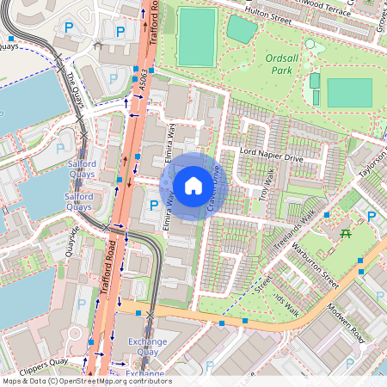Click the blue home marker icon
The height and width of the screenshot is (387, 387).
pyautogui.click(x=193, y=185)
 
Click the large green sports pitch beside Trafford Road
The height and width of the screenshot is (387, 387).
pyautogui.click(x=197, y=37)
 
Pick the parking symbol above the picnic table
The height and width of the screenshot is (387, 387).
pyautogui.click(x=372, y=215)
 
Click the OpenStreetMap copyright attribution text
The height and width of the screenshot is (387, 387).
pyautogui.click(x=86, y=381)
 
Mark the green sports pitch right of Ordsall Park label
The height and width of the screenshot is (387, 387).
pyautogui.click(x=350, y=92)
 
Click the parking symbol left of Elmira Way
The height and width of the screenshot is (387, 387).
pyautogui.click(x=153, y=205)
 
